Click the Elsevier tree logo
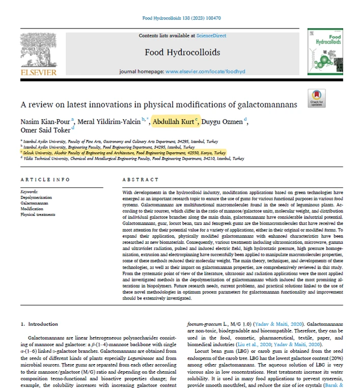[38, 50]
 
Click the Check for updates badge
[316, 98]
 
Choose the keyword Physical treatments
[38, 214]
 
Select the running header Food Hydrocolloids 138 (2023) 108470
[180, 18]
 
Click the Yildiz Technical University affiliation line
[132, 158]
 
